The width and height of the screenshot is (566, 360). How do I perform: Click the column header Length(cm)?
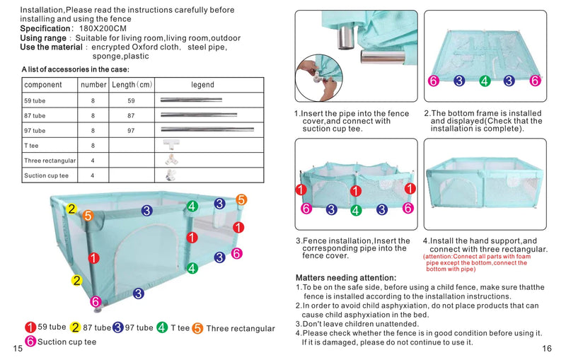(132, 85)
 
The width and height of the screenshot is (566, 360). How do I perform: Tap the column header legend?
(202, 85)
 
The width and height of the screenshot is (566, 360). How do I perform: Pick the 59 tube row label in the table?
(35, 100)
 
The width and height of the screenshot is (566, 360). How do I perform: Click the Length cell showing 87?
(131, 115)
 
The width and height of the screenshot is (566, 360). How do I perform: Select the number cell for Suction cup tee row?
(93, 175)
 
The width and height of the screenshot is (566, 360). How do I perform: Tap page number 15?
(17, 349)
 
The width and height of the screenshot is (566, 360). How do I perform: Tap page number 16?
(546, 349)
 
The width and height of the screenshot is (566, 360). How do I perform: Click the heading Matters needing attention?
(345, 277)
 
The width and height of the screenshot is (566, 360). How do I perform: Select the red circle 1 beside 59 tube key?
(30, 327)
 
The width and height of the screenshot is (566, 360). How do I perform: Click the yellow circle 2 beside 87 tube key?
(75, 327)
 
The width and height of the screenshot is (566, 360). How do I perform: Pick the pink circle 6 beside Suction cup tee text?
(30, 342)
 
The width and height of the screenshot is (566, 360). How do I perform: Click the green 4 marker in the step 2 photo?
(484, 81)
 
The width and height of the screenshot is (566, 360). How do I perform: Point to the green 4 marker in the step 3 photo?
(356, 209)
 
